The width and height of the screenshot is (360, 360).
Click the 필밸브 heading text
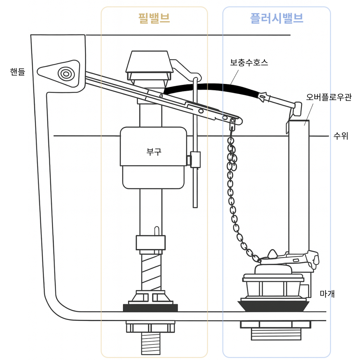(154, 18)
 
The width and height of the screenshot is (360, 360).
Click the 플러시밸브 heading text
(277, 18)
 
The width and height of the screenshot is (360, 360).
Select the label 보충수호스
(249, 62)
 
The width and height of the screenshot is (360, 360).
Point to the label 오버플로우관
(328, 98)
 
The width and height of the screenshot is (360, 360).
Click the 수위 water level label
(341, 136)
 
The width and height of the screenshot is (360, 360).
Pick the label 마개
(327, 294)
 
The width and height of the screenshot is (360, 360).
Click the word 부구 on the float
(154, 152)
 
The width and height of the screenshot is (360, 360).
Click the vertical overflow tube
(299, 183)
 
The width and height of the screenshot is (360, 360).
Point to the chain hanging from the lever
(232, 193)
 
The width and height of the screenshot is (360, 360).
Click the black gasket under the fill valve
(150, 307)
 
